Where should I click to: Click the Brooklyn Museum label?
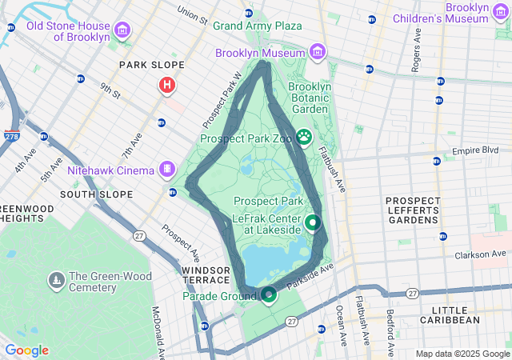pyautogui.click(x=260, y=53)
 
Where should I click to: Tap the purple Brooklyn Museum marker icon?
pyautogui.click(x=318, y=52)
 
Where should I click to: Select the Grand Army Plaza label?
pyautogui.click(x=257, y=26)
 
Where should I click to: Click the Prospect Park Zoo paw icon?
pyautogui.click(x=304, y=138)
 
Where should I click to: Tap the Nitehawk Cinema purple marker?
pyautogui.click(x=166, y=169)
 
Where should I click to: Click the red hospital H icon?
pyautogui.click(x=167, y=85)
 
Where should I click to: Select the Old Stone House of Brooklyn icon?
pyautogui.click(x=122, y=31)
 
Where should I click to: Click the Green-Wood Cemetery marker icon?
pyautogui.click(x=56, y=280)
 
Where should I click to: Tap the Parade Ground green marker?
pyautogui.click(x=268, y=296)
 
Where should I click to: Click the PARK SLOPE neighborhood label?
pyautogui.click(x=151, y=65)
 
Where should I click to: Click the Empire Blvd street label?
pyautogui.click(x=475, y=150)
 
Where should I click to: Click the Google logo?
pyautogui.click(x=26, y=350)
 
